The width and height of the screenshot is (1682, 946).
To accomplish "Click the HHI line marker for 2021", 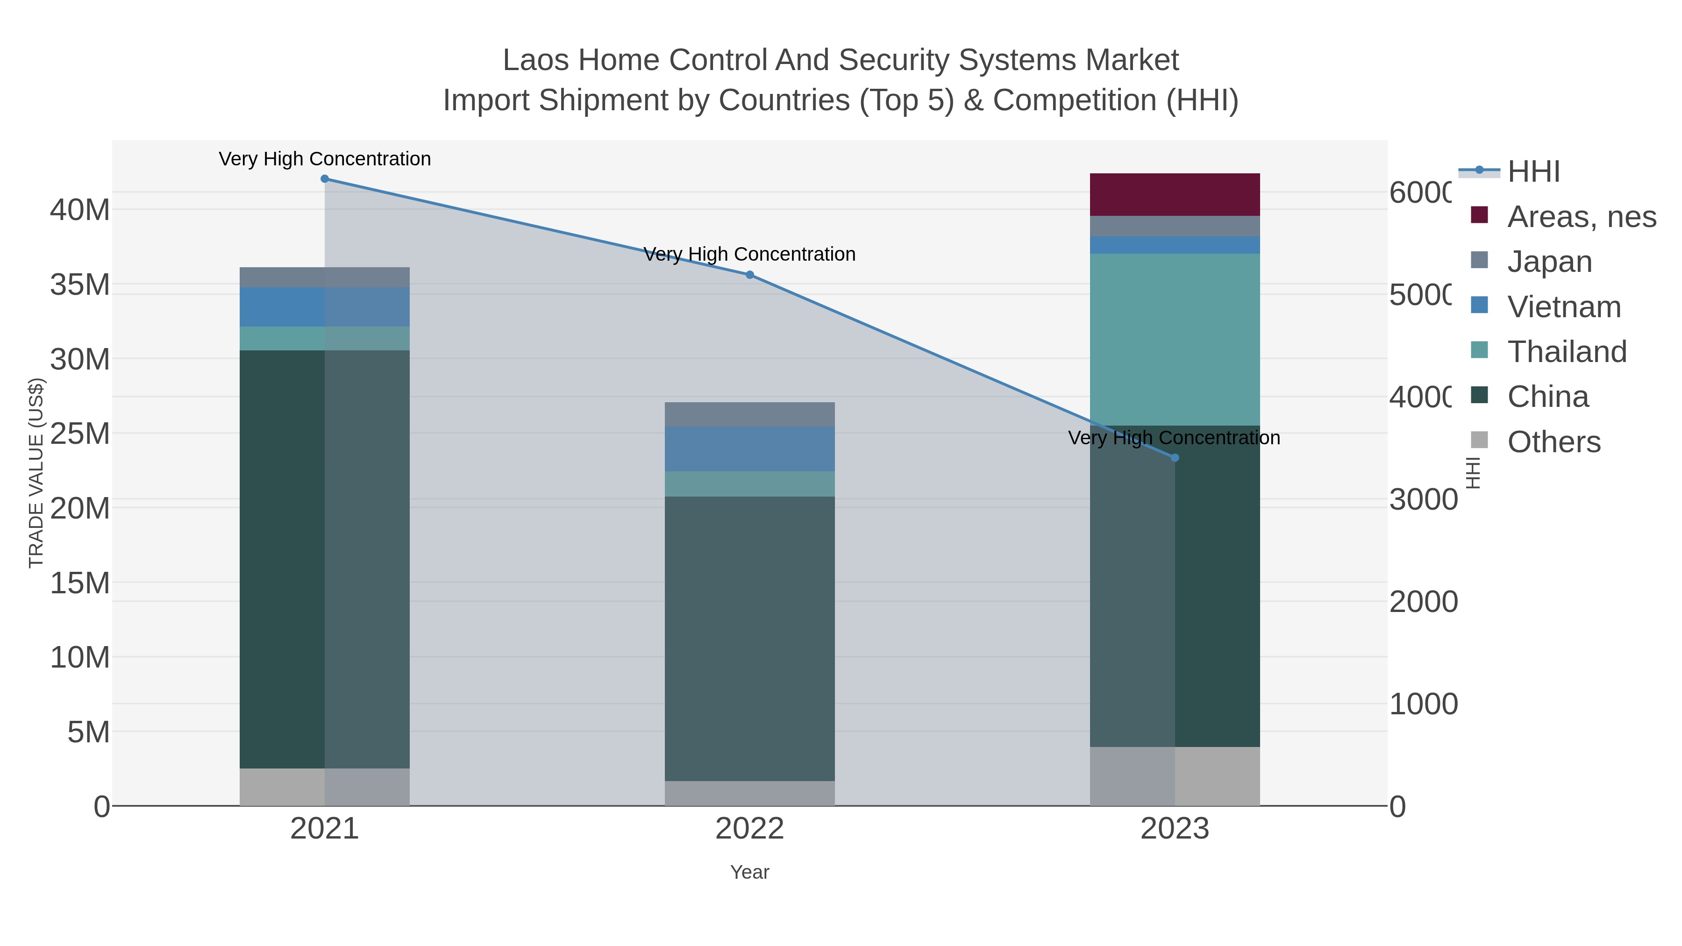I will [325, 179].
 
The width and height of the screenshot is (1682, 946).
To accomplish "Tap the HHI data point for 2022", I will [749, 275].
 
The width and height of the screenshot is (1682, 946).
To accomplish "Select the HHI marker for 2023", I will [1175, 458].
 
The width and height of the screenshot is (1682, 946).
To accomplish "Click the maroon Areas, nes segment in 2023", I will [1175, 194].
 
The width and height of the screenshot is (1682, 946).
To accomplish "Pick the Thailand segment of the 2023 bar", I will [1175, 340].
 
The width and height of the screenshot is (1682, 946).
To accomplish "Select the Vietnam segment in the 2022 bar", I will [749, 449].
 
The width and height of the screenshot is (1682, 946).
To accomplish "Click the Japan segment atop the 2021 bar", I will [325, 277].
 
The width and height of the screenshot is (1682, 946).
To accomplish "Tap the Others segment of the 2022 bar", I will [749, 793].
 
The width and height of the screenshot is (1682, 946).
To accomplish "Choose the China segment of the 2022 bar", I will [749, 639].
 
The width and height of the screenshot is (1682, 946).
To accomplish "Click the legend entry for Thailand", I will [1567, 352].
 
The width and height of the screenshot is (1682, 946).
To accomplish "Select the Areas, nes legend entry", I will [1581, 217].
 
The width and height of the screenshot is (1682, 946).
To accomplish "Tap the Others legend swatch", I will [1480, 441].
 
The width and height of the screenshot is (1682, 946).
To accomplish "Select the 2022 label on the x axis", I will [749, 829].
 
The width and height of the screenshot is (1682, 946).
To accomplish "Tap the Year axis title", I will [749, 872].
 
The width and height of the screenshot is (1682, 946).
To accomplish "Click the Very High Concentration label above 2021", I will [325, 159].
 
